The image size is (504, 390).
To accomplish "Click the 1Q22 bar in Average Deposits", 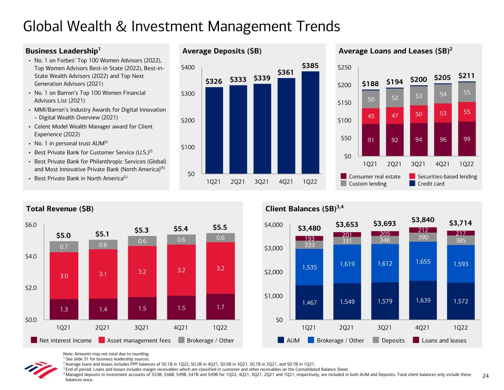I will pyautogui.click(x=310, y=122).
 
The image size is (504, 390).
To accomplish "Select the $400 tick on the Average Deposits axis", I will pyautogui.click(x=188, y=68).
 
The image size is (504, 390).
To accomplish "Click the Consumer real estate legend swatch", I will pyautogui.click(x=343, y=177).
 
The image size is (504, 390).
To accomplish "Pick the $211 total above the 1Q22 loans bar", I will pyautogui.click(x=466, y=76).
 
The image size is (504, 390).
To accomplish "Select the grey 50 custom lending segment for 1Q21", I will pyautogui.click(x=371, y=99).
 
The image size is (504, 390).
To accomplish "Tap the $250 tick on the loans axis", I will pyautogui.click(x=344, y=68).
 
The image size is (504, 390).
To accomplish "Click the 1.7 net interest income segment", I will pyautogui.click(x=220, y=307).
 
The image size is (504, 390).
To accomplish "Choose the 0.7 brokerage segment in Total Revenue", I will pyautogui.click(x=64, y=246).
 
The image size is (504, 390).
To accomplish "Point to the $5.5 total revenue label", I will pyautogui.click(x=220, y=227).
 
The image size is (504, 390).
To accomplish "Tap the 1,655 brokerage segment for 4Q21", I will pyautogui.click(x=423, y=261).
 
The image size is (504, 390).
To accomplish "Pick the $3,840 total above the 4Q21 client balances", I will pyautogui.click(x=423, y=220).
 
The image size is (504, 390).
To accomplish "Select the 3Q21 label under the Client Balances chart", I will pyautogui.click(x=384, y=328).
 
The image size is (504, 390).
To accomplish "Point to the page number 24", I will pyautogui.click(x=486, y=376).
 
